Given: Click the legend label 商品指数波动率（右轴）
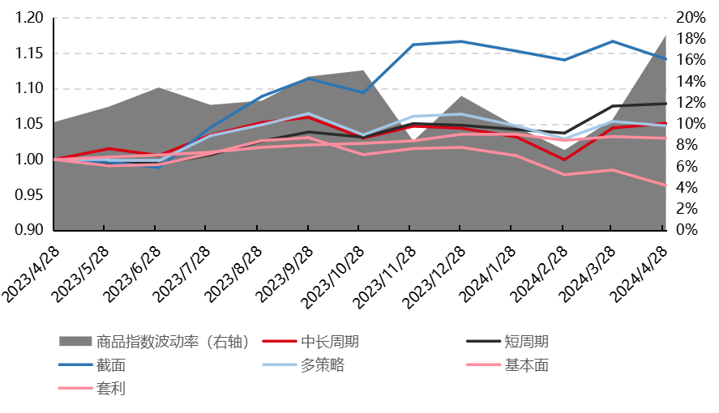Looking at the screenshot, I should [173, 342].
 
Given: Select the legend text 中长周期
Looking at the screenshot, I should [329, 342].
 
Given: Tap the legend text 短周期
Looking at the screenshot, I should [526, 342].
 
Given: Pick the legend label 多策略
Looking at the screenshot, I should [322, 365].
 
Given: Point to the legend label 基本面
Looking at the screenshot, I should [526, 365].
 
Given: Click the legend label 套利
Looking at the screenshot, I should [110, 389].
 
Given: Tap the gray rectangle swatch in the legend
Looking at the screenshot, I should [75, 342].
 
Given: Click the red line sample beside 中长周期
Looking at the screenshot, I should [280, 342].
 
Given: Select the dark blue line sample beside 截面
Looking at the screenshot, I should [75, 365].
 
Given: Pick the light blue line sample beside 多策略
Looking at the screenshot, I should [280, 365].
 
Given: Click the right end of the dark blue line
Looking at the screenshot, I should [666, 59].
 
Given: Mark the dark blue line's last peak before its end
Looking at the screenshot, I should [613, 41].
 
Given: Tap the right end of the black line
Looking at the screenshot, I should [666, 104].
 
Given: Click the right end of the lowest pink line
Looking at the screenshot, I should [666, 185].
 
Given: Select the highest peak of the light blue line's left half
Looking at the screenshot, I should [308, 114].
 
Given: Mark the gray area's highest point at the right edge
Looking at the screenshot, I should [666, 35].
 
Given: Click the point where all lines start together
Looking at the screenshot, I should [55, 160].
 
